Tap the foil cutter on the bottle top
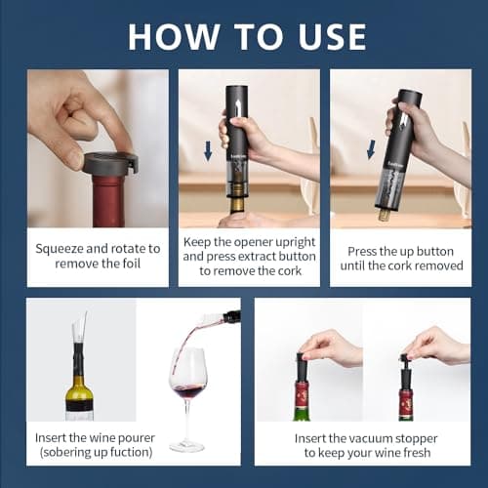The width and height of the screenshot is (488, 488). click(x=109, y=162)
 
